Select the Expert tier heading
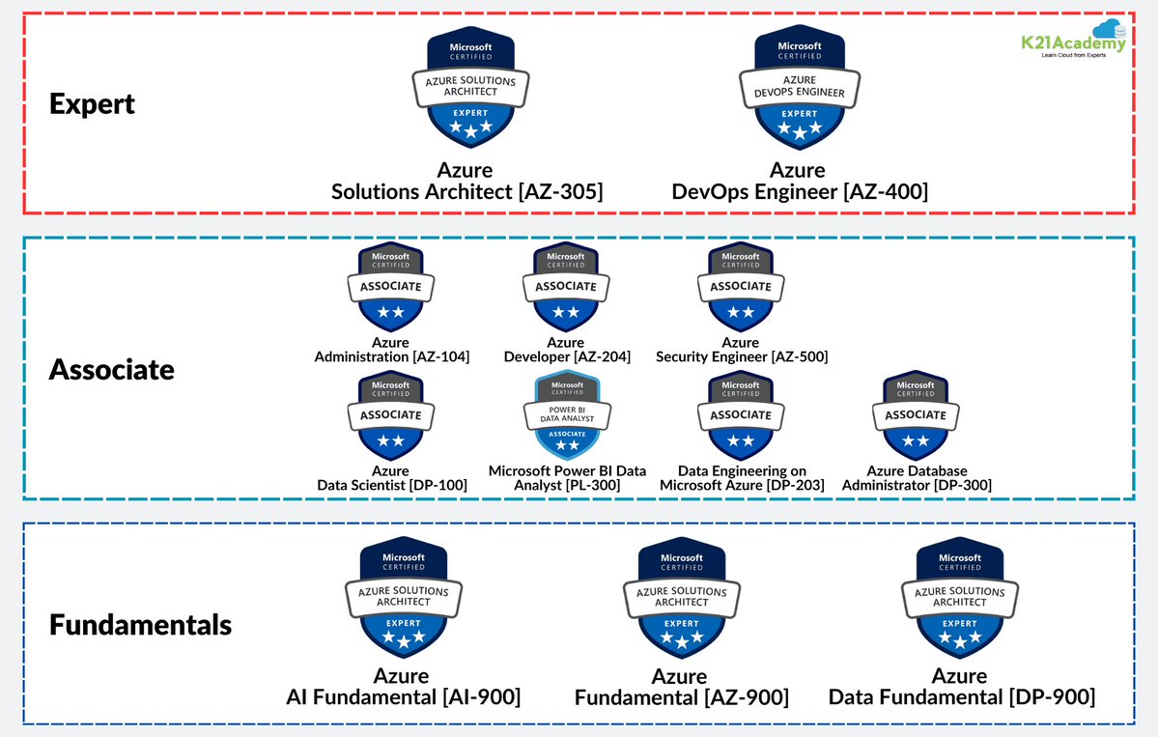click(x=92, y=103)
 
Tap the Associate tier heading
click(x=111, y=369)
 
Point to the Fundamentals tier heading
click(x=140, y=624)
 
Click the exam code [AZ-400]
click(x=886, y=192)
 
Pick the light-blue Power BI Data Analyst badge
click(x=566, y=414)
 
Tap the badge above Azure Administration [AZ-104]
click(x=390, y=287)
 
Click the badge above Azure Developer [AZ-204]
click(x=566, y=287)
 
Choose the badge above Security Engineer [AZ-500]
click(x=741, y=287)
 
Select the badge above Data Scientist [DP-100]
click(x=390, y=415)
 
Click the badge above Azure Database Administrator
click(x=916, y=415)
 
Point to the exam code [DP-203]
click(x=795, y=485)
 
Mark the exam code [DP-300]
click(x=960, y=485)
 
